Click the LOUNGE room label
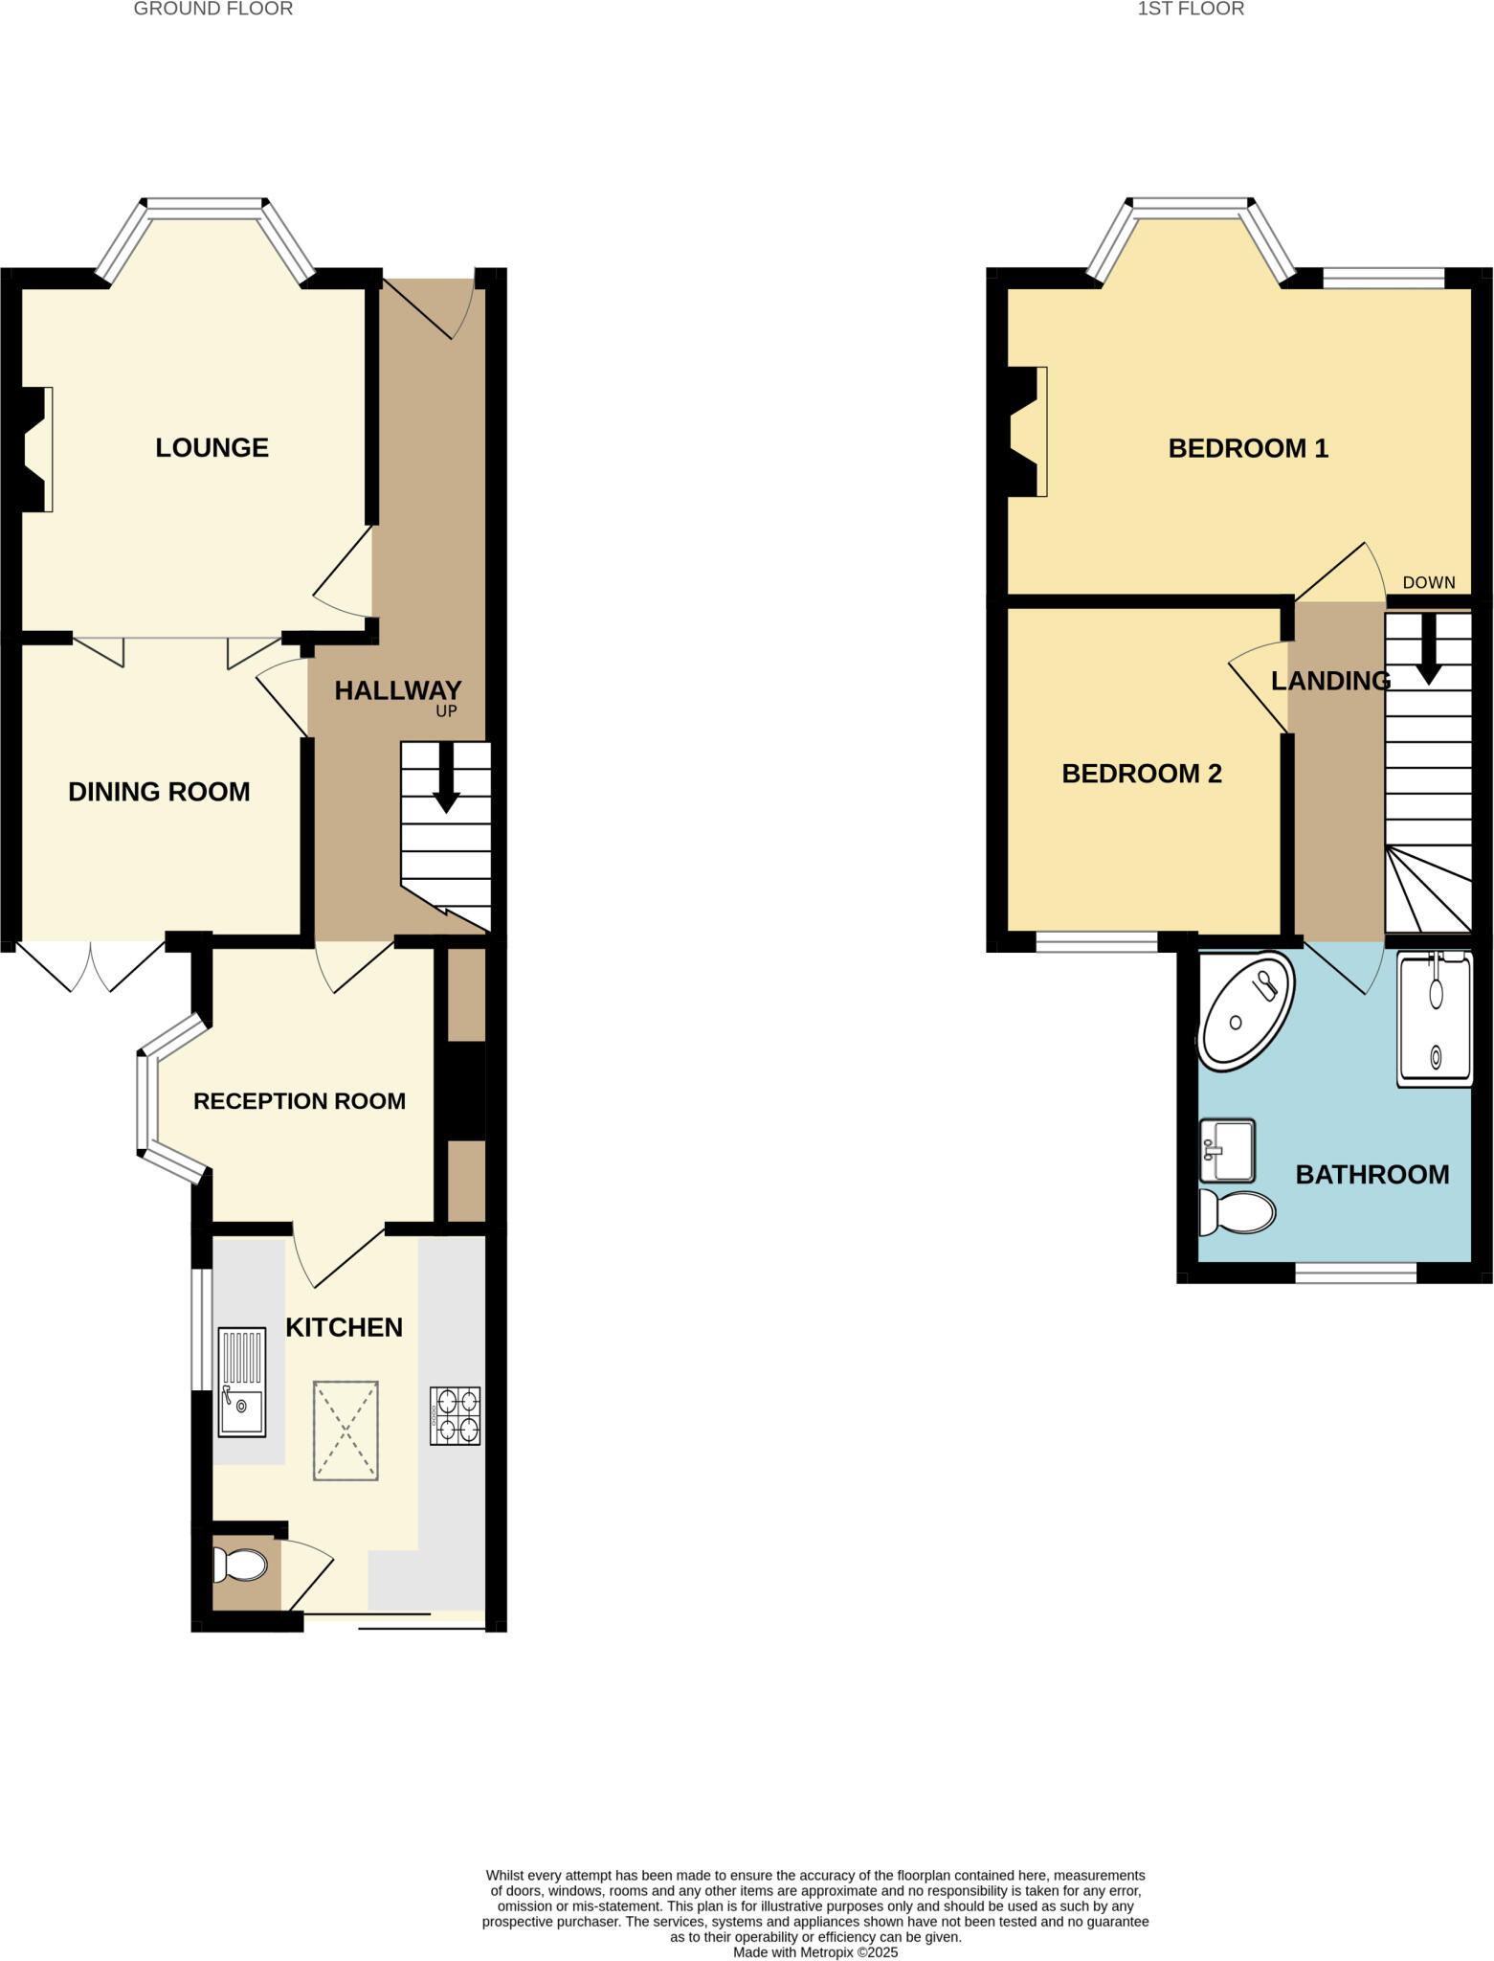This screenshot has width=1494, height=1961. pos(212,447)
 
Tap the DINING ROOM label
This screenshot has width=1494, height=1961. pos(159,792)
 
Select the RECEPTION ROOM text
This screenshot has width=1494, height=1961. pos(299,1101)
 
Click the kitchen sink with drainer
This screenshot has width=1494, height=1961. pos(241,1382)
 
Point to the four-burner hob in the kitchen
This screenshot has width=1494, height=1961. pos(455,1416)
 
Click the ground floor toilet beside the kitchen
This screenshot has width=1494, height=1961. pos(240,1566)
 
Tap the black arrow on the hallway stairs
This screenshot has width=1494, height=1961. pos(446,778)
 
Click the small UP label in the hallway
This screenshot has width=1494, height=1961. pos(446,711)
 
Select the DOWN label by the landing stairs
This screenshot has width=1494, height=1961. pos(1428,582)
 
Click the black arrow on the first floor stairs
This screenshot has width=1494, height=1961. pos(1428,649)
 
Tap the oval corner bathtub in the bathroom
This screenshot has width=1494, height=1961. pos(1245,1010)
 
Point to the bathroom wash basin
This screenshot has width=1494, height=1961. pos(1227,1150)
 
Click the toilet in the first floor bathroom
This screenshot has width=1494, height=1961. pos(1237,1212)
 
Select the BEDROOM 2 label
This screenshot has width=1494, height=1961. pos(1142,774)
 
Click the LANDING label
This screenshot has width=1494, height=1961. pos(1330,681)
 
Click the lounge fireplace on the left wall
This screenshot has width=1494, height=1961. pos(33,449)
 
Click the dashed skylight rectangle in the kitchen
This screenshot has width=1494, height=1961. pos(346,1431)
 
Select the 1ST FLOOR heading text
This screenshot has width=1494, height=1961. pos(1190,10)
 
